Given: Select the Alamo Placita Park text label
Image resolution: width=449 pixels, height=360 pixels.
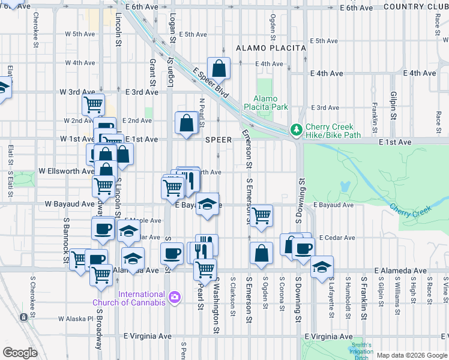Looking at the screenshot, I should click(x=265, y=103).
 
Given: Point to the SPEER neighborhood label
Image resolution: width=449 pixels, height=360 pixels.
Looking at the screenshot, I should click(x=218, y=139).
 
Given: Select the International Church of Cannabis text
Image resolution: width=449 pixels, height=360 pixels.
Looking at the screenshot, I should click(x=133, y=298).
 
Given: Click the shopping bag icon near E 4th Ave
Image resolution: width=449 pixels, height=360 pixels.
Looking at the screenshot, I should click(x=219, y=69).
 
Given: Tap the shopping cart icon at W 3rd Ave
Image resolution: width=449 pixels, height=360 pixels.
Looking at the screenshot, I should click(x=93, y=105).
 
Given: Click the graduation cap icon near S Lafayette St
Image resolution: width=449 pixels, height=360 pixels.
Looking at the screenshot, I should click(x=322, y=267).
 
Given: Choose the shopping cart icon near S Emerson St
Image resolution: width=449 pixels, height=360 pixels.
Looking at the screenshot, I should click(x=261, y=216).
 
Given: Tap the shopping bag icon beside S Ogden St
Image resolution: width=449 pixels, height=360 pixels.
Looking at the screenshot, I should click(x=261, y=253).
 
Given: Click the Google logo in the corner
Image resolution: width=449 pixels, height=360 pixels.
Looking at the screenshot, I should click(x=20, y=352).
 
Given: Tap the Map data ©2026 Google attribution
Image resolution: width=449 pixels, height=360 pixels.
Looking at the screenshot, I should click(x=412, y=355).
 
